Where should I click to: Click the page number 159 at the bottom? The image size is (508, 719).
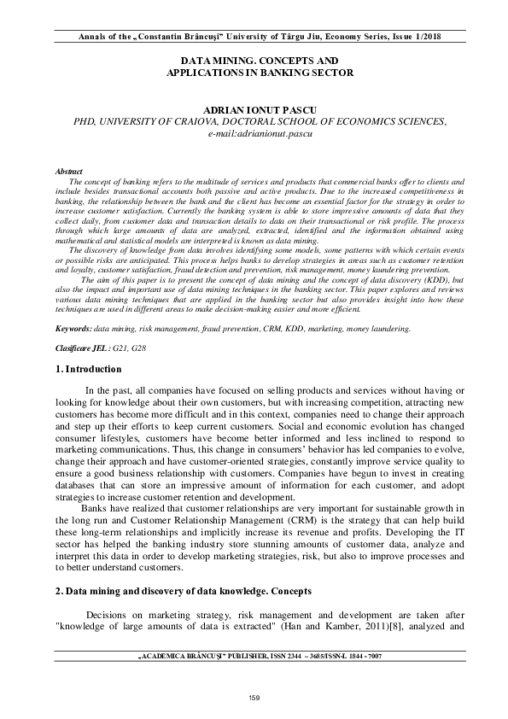click(254, 699)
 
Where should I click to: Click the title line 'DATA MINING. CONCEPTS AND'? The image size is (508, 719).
click(254, 61)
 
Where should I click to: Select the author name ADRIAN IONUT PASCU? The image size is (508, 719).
click(254, 111)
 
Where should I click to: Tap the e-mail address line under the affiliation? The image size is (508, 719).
click(254, 135)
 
